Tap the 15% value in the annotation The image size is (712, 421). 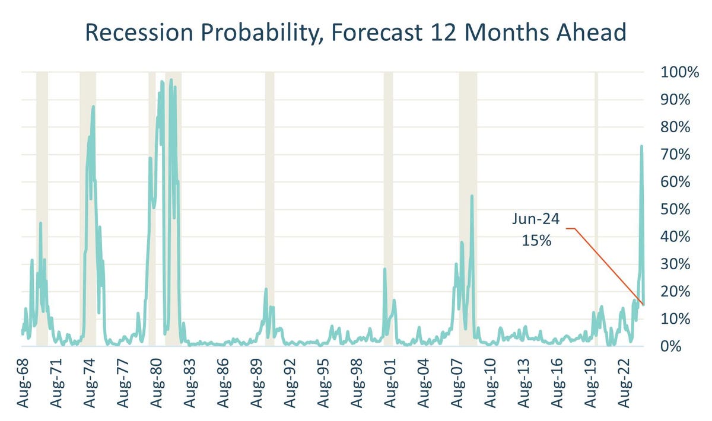coord(535,241)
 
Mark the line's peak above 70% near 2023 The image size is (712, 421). coord(641,146)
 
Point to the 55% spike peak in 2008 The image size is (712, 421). coord(472,196)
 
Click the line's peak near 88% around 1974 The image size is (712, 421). coord(93,107)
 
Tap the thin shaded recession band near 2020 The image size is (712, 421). coord(596,208)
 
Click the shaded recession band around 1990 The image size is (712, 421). coord(269,208)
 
